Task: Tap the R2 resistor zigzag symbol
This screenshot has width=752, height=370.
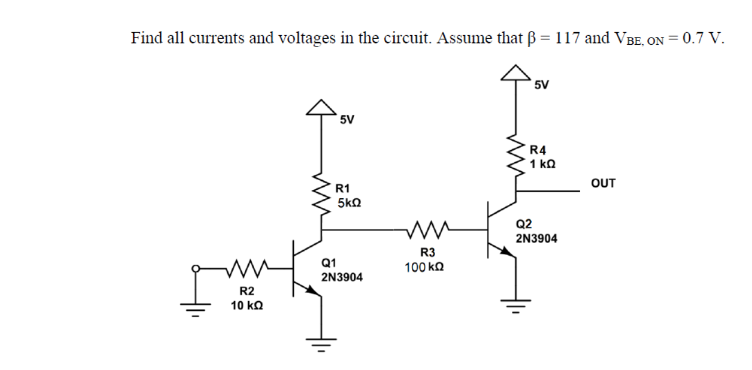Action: tap(246, 266)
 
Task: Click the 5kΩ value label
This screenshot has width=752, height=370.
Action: tap(349, 204)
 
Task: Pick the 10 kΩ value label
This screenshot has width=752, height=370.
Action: tap(247, 306)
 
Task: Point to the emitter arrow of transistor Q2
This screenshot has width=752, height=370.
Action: tap(508, 254)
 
